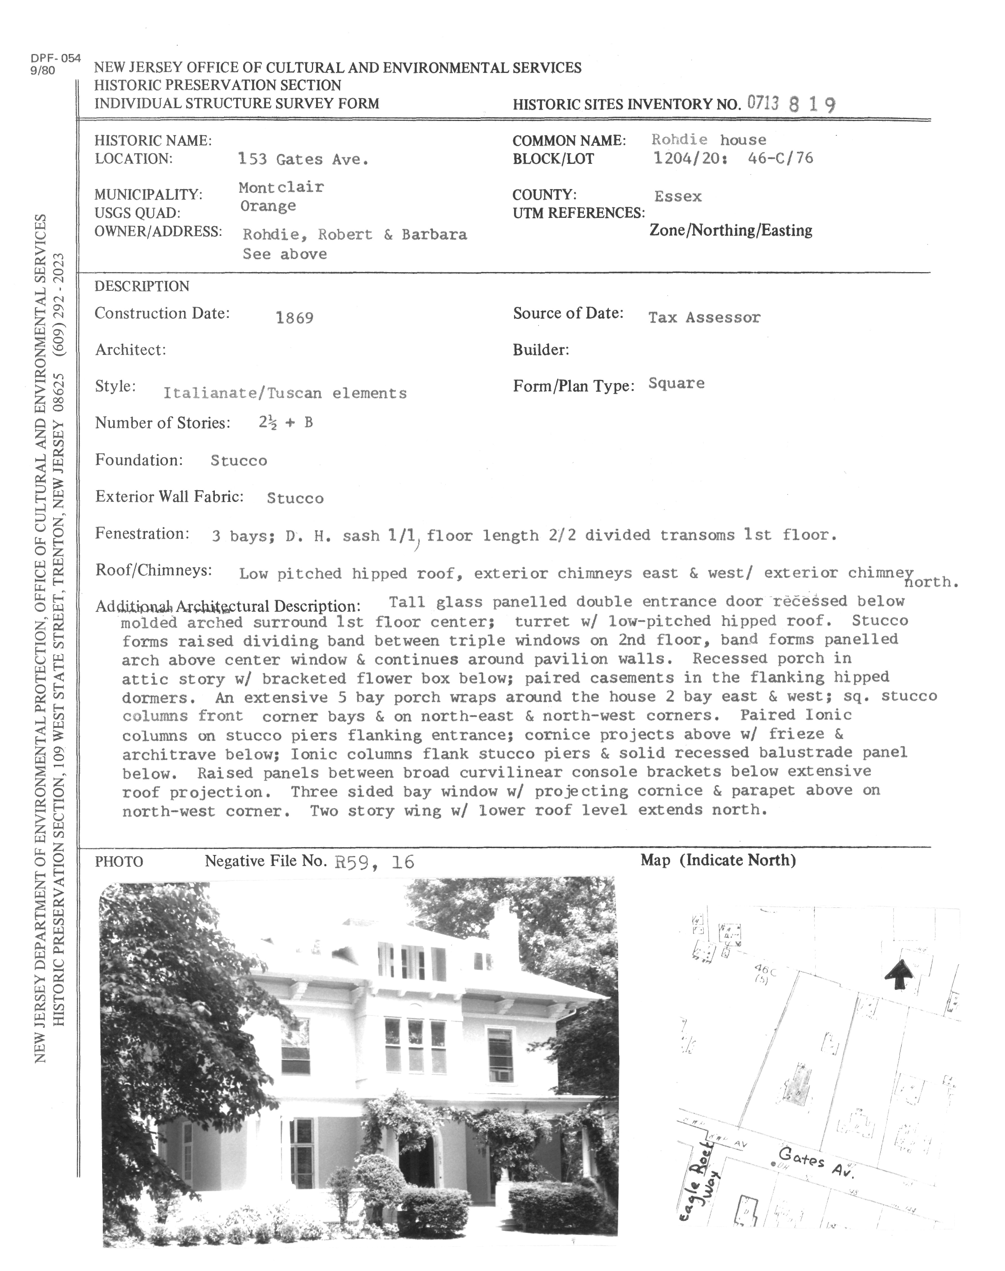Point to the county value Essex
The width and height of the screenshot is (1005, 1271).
tap(678, 196)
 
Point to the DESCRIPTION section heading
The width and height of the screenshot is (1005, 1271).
tap(142, 287)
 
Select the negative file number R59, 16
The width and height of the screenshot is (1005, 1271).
tap(374, 862)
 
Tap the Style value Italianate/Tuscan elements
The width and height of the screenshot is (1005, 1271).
tap(285, 393)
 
